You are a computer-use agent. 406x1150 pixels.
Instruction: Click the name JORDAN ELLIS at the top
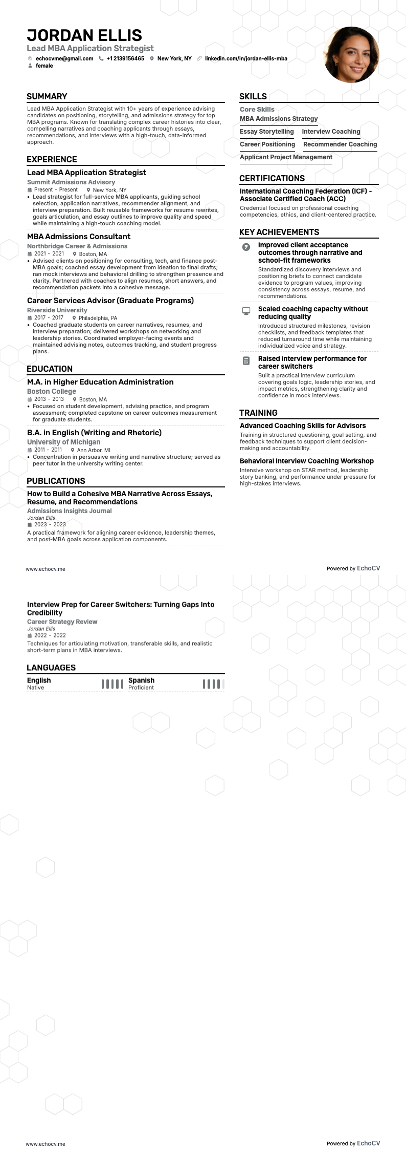pos(84,35)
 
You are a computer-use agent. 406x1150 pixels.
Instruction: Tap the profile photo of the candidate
pos(351,55)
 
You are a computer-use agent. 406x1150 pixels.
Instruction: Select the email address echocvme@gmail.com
pos(64,58)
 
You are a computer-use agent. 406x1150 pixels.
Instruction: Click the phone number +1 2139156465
pos(125,58)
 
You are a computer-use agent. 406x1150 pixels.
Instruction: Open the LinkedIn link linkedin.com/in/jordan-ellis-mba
pos(246,58)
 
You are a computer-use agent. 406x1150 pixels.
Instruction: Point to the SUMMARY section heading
pos(47,96)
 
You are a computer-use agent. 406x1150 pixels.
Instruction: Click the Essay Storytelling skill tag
pos(267,132)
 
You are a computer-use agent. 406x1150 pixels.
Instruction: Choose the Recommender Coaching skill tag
pos(340,144)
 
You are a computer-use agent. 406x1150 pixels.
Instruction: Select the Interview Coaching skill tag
pos(331,132)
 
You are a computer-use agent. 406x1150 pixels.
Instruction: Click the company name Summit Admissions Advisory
pos(71,182)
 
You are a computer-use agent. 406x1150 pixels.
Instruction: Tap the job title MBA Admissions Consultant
pos(79,237)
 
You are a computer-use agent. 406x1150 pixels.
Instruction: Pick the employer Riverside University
pos(57,310)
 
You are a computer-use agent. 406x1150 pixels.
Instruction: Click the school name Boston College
pos(52,392)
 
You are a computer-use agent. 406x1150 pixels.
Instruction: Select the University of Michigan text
pos(64,442)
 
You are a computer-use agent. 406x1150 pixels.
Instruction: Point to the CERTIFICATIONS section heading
pos(272,178)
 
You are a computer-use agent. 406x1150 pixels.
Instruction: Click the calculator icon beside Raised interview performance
pos(246,361)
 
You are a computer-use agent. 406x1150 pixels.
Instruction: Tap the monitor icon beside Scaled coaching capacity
pos(246,311)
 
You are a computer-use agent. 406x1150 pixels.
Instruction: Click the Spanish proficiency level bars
pos(213,684)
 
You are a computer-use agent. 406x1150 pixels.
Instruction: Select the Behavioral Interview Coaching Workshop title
pos(307,461)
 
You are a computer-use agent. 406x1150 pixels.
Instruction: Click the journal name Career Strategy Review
pos(62,622)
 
